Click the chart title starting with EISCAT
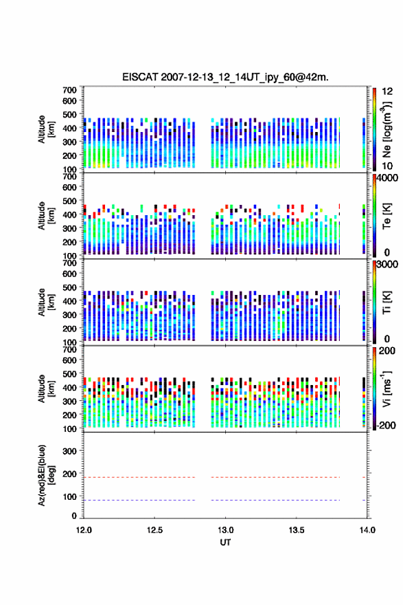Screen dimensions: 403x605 pos(225,77)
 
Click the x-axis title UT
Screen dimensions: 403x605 pos(225,542)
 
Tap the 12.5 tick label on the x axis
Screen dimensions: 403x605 pos(154,530)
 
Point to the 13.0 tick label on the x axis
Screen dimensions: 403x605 pos(225,530)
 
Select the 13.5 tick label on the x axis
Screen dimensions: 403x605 pos(297,530)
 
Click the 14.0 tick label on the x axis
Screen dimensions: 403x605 pos(367,530)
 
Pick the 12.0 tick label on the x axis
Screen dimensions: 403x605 pos(84,530)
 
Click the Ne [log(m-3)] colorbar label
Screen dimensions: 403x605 pos(387,130)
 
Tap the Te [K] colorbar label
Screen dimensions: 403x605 pos(387,216)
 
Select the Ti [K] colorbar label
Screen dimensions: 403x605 pos(387,302)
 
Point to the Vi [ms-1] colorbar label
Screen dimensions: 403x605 pos(387,388)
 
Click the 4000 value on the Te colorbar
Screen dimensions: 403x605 pos(387,178)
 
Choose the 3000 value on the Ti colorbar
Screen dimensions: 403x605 pos(387,264)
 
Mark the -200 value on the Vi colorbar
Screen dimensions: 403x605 pos(384,425)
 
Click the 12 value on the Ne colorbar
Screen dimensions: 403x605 pos(387,91)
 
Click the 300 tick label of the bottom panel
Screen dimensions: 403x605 pos(70,451)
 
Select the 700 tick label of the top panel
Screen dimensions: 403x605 pos(70,90)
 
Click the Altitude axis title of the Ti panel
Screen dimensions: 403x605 pos(46,302)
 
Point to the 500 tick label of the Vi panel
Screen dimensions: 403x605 pos(70,373)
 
